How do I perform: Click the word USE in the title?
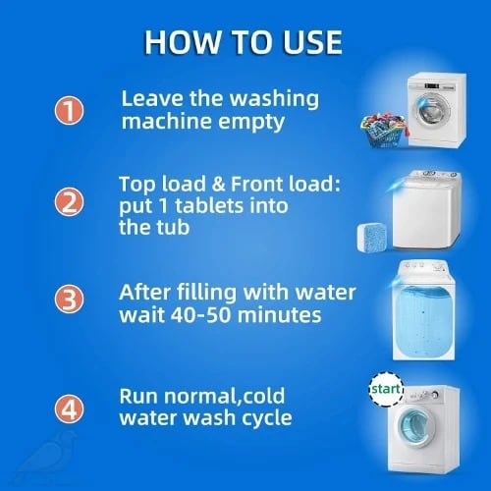311,42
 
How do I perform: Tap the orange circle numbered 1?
69,110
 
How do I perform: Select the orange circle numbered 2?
69,201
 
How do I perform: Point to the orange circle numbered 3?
69,299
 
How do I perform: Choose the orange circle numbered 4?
69,409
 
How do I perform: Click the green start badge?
386,389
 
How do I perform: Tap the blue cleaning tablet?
373,238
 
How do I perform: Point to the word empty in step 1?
251,123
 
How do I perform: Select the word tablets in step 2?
209,206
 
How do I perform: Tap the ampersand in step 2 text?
219,184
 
